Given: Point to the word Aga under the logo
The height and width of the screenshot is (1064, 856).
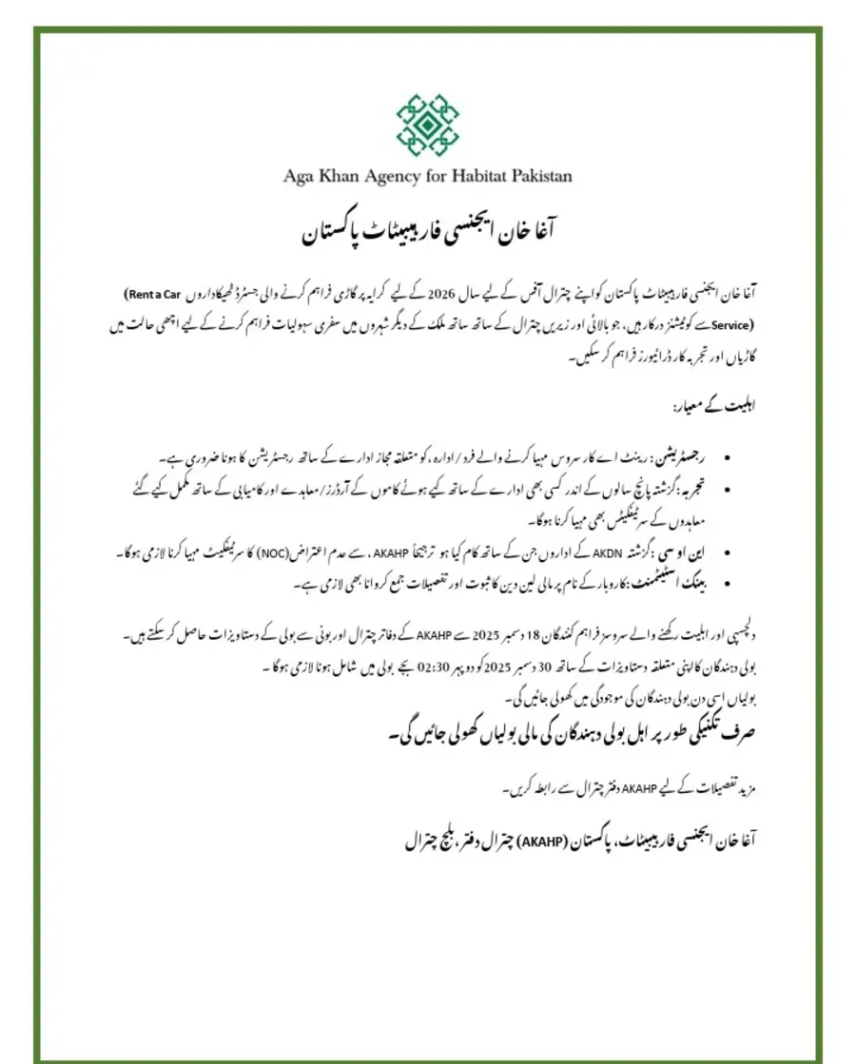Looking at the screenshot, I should [x=299, y=176].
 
